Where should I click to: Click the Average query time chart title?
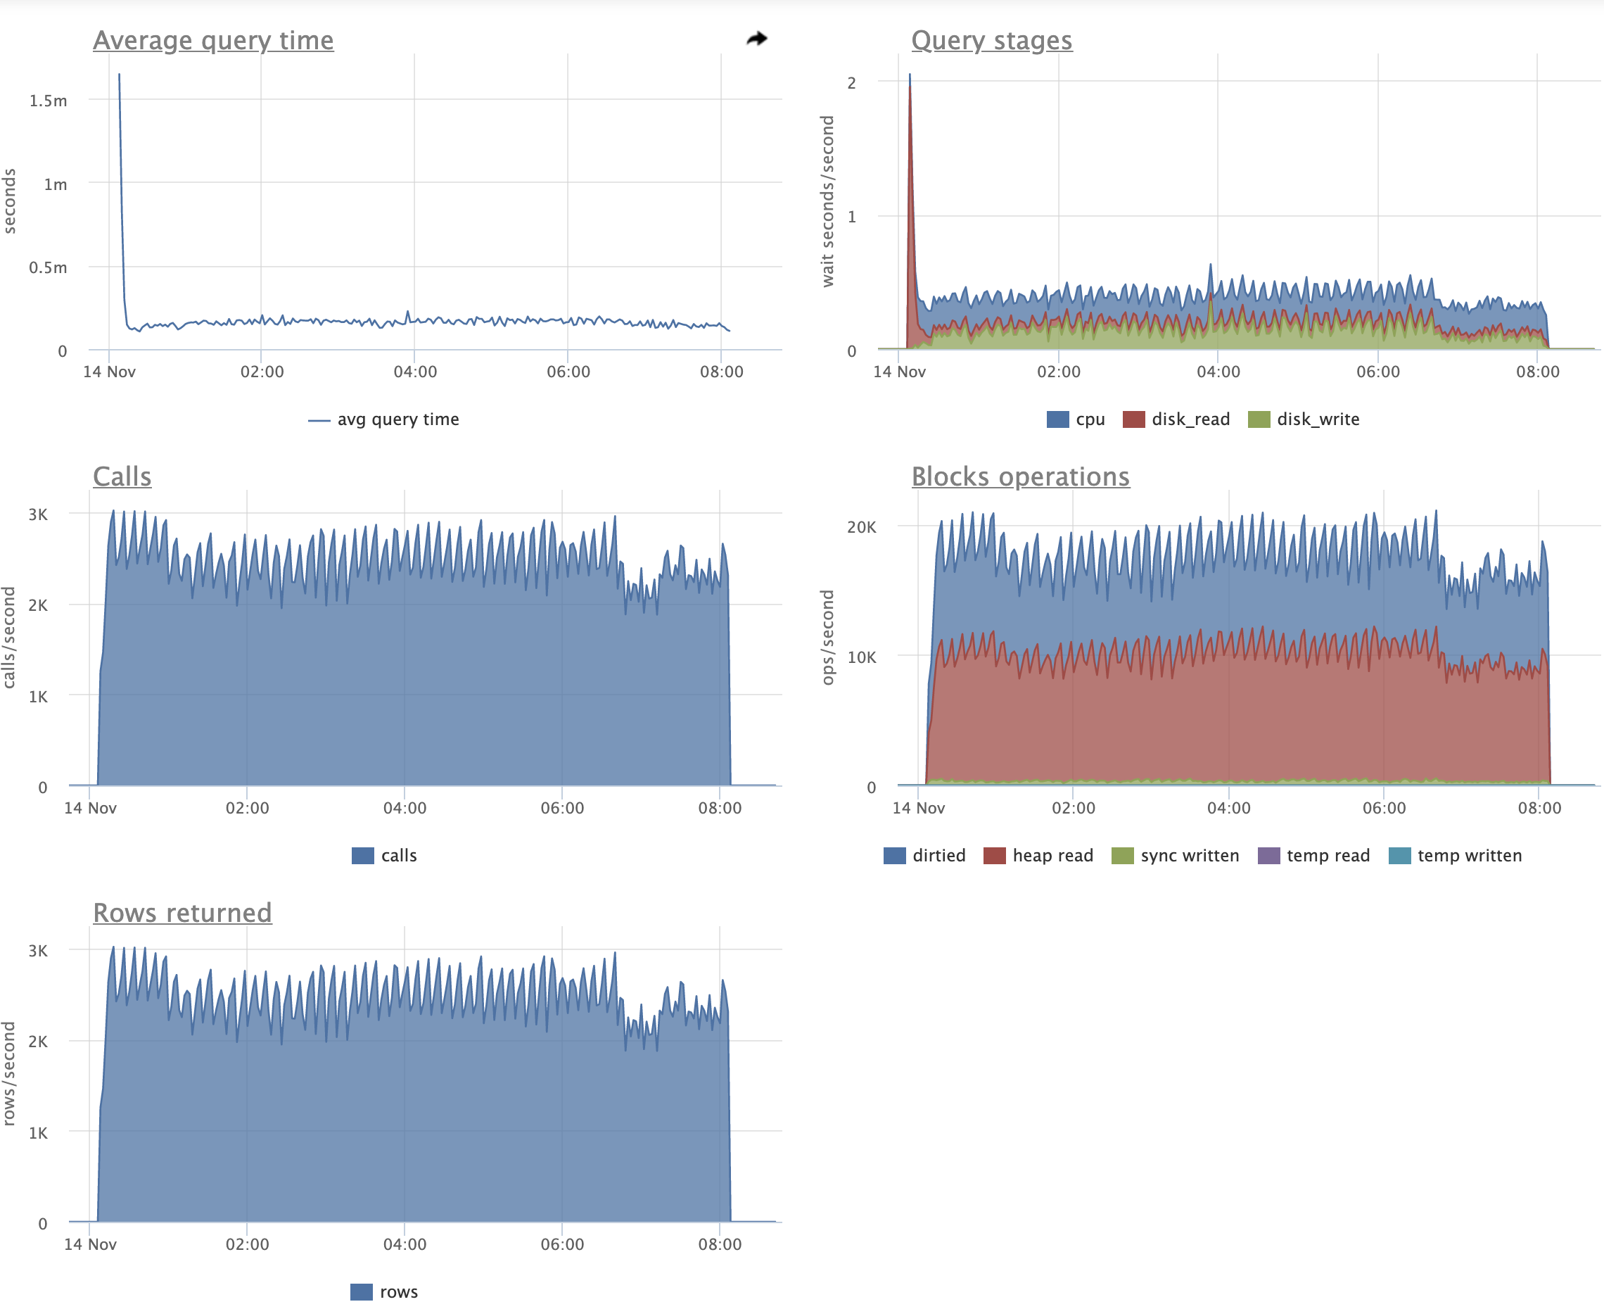212,41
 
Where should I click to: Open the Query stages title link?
991,41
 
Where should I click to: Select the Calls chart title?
122,476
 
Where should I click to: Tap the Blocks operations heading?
1020,476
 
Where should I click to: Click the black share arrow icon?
757,39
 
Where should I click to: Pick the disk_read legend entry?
1176,419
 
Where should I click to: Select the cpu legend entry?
1076,419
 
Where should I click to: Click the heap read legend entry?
1038,855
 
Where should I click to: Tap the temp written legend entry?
1455,855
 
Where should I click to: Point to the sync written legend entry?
1175,855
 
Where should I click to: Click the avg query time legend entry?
383,419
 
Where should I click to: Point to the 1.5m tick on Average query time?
49,100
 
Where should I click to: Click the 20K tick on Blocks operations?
861,527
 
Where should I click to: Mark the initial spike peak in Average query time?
119,75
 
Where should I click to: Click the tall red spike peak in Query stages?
910,89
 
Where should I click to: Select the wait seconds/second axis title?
827,201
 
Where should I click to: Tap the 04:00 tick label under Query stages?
1217,372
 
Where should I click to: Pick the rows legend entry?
383,1291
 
